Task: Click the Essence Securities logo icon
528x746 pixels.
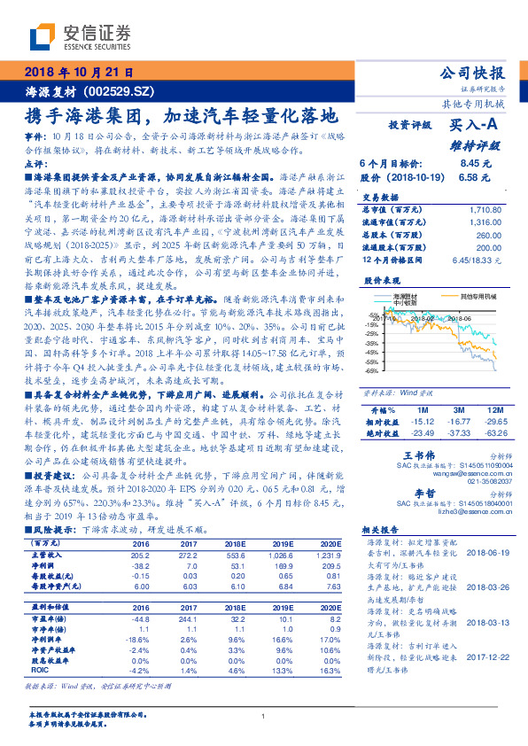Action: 42,36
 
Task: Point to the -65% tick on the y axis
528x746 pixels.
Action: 372,370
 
